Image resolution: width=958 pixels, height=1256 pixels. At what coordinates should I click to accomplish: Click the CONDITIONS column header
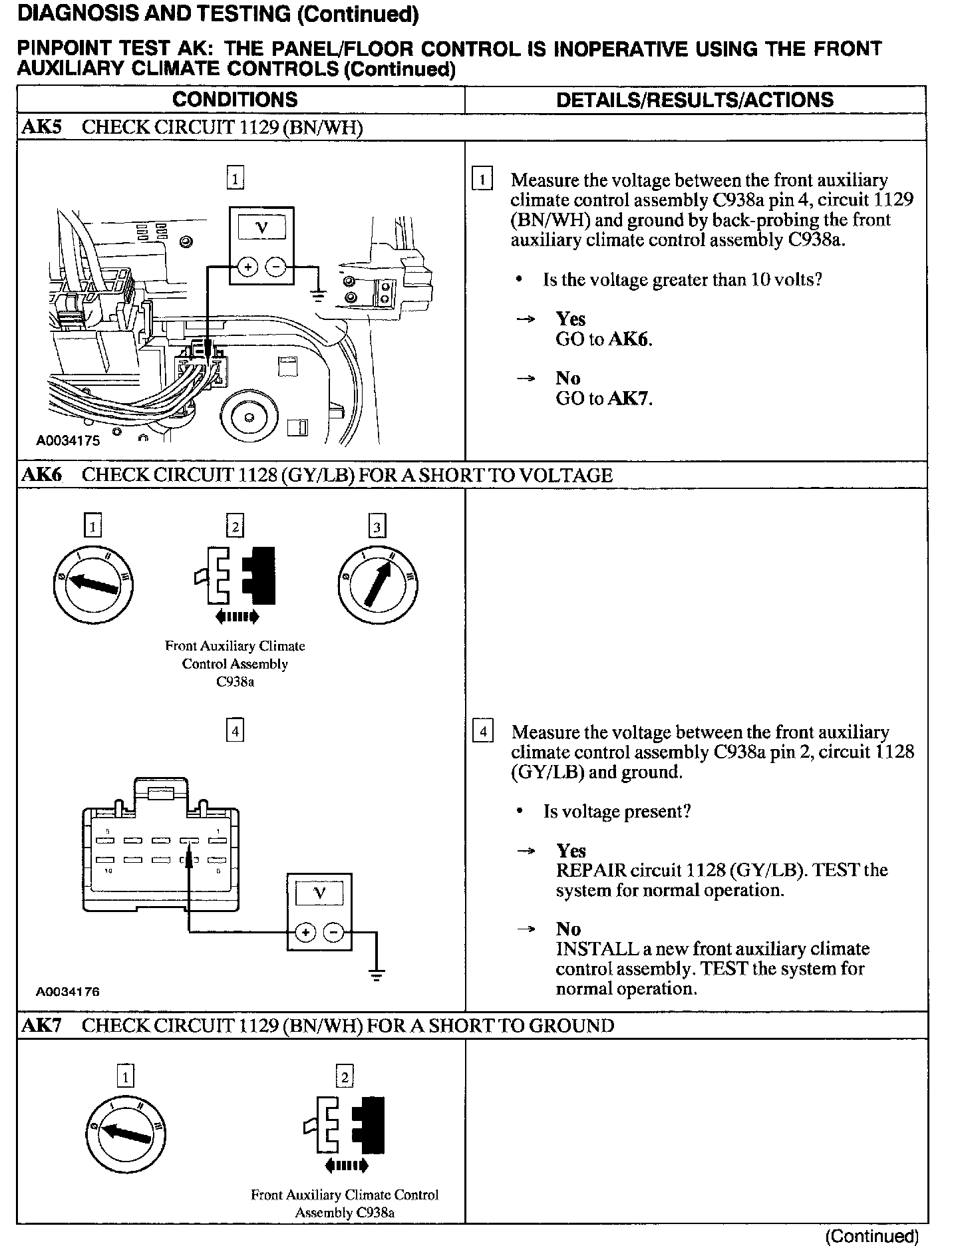point(235,100)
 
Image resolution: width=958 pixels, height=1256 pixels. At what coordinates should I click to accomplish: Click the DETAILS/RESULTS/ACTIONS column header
point(695,100)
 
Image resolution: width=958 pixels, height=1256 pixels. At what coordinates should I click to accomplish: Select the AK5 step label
point(42,127)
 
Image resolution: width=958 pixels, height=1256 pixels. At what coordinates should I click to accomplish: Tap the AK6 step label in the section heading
point(42,475)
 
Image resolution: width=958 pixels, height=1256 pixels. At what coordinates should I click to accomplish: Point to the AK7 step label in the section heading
point(42,1025)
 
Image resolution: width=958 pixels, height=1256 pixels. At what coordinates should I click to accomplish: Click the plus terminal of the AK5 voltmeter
point(247,268)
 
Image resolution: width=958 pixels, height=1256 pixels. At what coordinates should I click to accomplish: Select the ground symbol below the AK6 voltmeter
point(377,976)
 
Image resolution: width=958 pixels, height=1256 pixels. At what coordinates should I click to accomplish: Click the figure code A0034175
point(68,440)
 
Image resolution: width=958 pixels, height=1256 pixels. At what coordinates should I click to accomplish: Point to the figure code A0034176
point(68,991)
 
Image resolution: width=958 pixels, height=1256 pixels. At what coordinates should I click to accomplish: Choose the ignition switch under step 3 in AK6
point(377,584)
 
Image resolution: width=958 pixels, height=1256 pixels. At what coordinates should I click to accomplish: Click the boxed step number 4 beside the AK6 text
point(482,732)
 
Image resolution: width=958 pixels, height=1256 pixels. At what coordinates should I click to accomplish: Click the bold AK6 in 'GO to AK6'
point(629,339)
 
